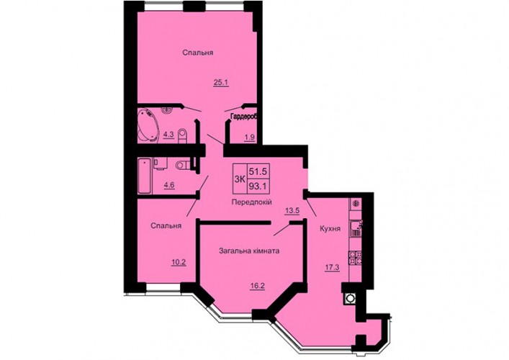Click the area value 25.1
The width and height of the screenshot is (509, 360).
click(x=221, y=83)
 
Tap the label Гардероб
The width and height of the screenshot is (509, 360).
click(x=243, y=117)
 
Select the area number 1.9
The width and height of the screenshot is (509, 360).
click(x=249, y=138)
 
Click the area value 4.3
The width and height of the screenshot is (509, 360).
click(x=168, y=135)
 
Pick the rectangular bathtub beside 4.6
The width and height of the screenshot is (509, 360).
click(x=145, y=176)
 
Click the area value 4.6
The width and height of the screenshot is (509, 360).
click(x=169, y=185)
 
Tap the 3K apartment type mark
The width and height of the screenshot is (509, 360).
click(x=240, y=179)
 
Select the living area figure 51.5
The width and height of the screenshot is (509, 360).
click(x=258, y=171)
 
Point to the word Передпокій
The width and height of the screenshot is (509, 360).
click(x=251, y=202)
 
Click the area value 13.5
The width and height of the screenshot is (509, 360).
click(x=292, y=211)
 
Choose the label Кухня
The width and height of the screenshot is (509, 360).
click(x=330, y=229)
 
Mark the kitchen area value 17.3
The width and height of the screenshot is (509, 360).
click(x=332, y=268)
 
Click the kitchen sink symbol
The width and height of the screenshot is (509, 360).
click(x=356, y=229)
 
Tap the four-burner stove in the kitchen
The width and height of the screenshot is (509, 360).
click(x=356, y=258)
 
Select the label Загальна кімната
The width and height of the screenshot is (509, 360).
click(x=249, y=251)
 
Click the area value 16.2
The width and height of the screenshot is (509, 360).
click(x=258, y=287)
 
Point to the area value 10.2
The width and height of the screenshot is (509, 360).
click(x=179, y=262)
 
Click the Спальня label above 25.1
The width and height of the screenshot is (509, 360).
click(x=198, y=53)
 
